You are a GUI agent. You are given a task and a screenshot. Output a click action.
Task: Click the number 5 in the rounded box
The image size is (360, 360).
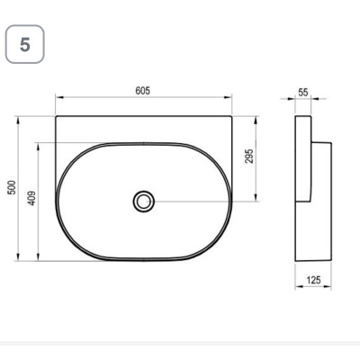click(x=25, y=45)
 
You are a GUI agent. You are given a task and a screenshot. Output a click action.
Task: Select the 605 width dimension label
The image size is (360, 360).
click(x=143, y=91)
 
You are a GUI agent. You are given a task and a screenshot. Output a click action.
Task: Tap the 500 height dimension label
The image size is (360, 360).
click(x=12, y=187)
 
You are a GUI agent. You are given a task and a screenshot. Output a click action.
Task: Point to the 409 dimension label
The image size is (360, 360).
click(x=31, y=198)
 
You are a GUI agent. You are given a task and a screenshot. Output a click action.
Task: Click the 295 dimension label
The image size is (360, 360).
click(x=249, y=156)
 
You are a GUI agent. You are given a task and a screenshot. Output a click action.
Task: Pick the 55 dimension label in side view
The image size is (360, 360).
click(x=303, y=93)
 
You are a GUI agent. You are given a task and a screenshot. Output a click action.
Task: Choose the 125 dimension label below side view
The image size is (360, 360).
click(x=313, y=280)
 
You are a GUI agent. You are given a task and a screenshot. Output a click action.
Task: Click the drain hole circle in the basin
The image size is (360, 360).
click(x=144, y=201)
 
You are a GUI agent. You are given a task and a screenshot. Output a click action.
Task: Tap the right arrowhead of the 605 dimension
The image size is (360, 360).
click(x=228, y=97)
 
